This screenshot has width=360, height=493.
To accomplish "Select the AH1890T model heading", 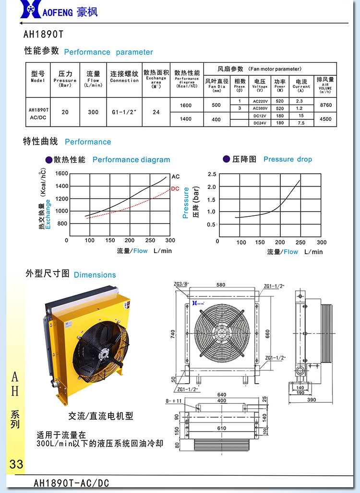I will point(43,35).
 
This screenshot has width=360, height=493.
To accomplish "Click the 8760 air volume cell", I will point(325,105).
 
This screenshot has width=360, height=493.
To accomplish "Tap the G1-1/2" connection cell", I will point(124,112).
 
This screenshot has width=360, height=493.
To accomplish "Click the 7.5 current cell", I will point(301,123).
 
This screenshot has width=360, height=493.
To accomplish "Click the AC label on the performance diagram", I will point(175,177).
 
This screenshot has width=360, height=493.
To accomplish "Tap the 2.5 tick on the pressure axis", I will point(212,174).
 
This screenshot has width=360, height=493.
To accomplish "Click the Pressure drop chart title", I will point(288,159).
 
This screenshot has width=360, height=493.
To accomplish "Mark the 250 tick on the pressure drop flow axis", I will point(300,242).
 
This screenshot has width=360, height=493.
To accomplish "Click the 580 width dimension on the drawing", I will point(220,285).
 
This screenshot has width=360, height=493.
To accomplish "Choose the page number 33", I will point(16,464).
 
